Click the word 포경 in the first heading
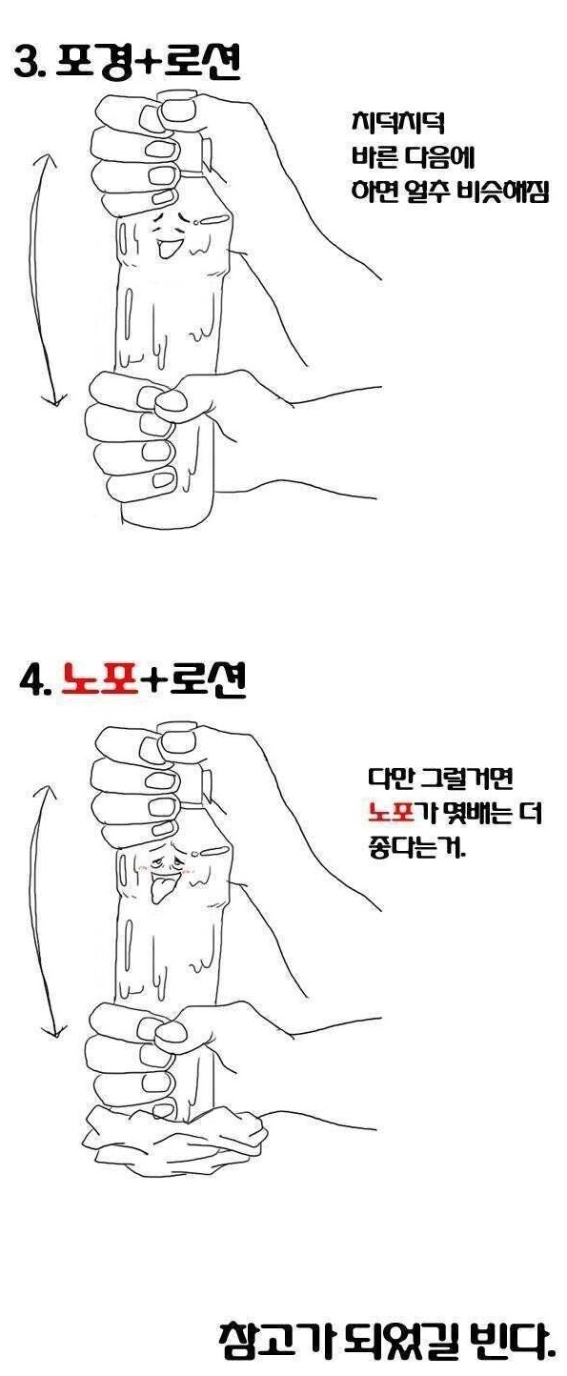click(x=96, y=63)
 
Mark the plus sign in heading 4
click(x=150, y=679)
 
